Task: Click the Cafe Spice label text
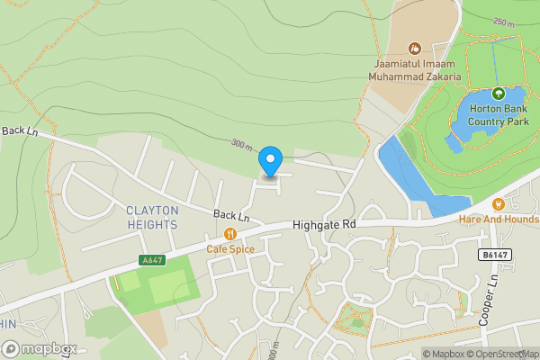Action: click(x=230, y=248)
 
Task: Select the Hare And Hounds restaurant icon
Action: click(x=499, y=204)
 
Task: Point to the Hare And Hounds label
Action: click(x=498, y=220)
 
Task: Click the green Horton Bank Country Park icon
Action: click(x=498, y=92)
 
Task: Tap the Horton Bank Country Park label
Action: click(x=498, y=115)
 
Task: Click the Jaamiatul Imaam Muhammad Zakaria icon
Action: click(x=415, y=48)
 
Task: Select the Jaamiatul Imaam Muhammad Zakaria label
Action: click(x=416, y=70)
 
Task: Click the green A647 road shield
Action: click(x=152, y=260)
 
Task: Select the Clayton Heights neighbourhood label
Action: click(x=152, y=216)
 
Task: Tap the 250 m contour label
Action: click(x=504, y=22)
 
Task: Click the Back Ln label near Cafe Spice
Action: click(x=231, y=215)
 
